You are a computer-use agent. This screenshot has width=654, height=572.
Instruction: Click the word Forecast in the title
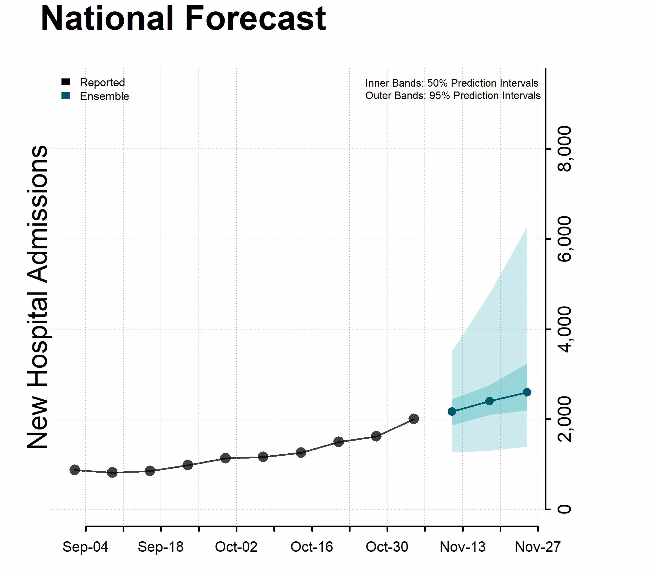(255, 19)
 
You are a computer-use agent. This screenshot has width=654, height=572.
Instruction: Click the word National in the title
(107, 19)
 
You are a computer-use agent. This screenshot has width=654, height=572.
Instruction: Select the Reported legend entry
(102, 82)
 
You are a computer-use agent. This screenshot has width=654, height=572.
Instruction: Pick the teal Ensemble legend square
(66, 96)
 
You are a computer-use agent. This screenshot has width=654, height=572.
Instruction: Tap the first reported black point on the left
(75, 470)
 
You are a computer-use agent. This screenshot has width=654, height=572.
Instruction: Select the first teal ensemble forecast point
(452, 412)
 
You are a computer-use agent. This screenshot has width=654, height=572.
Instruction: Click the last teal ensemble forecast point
(527, 392)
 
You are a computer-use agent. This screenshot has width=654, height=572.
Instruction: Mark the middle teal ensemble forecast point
(489, 401)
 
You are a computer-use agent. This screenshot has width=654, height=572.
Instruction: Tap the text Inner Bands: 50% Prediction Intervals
(452, 83)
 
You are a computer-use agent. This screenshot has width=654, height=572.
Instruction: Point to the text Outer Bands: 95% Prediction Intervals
(453, 96)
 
